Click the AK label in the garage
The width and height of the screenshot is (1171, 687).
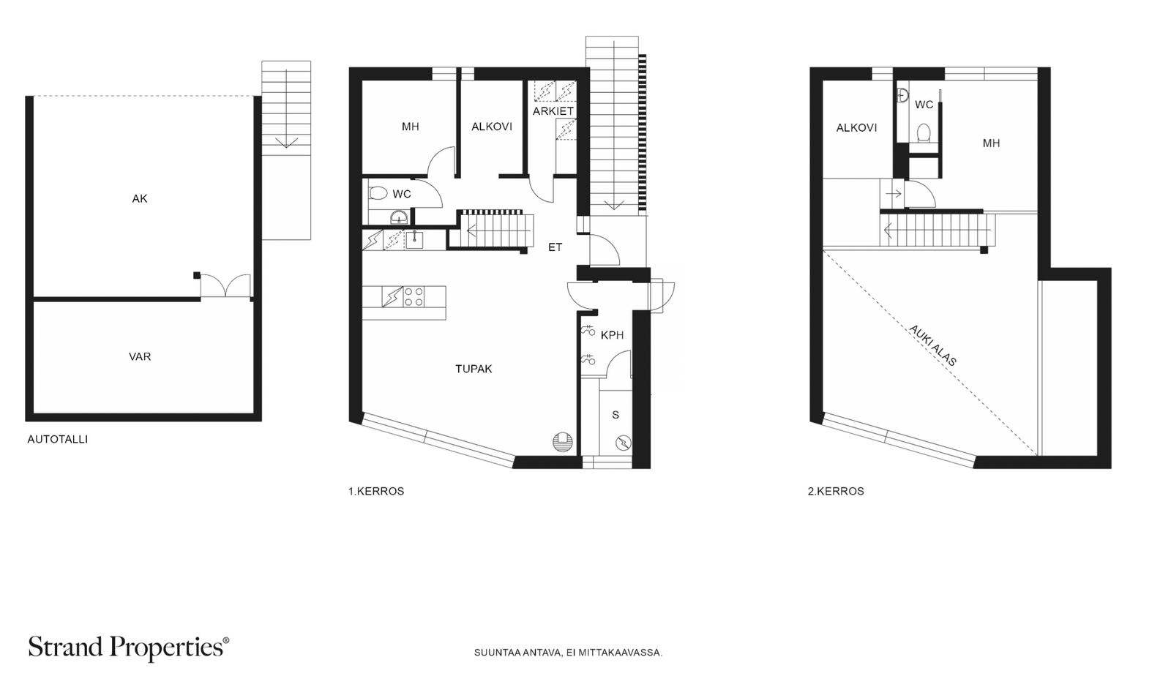point(140,198)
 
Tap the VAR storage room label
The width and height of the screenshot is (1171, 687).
point(140,356)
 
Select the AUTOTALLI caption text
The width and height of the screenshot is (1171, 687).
point(58,440)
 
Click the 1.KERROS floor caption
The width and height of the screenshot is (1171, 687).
point(376,491)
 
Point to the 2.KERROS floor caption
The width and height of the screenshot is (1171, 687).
point(836,491)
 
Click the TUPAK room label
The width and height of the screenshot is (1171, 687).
point(474,369)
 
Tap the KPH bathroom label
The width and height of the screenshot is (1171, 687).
point(612,335)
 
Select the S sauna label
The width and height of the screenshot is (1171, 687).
point(616,415)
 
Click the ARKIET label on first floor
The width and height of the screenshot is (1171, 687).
point(553,111)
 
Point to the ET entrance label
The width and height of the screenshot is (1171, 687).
point(555,247)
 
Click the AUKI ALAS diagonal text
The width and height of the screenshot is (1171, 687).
point(933,345)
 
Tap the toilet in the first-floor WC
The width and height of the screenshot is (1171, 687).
point(378,194)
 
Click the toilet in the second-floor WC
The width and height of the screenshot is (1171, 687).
point(924,132)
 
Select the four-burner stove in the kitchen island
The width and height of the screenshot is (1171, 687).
point(414,297)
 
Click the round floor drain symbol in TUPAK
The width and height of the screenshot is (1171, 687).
point(563,442)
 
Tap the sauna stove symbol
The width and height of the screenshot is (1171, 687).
point(624,443)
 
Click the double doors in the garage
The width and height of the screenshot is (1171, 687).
point(225,286)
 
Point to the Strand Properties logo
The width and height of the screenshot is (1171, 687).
point(129,648)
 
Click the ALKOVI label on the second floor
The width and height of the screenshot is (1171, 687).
point(856,128)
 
